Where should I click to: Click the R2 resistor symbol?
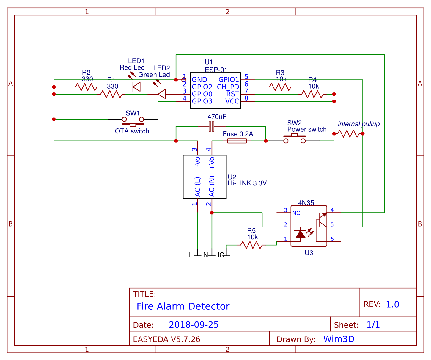click(86, 87)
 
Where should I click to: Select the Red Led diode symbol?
click(136, 87)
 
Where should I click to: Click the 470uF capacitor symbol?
click(211, 126)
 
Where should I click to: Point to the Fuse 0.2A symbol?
click(237, 141)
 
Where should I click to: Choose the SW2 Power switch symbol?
click(294, 139)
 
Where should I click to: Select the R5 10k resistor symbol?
click(251, 245)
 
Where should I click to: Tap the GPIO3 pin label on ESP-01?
click(202, 101)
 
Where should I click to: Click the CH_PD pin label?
click(228, 87)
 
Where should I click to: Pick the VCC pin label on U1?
click(232, 101)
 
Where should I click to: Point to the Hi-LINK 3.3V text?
click(247, 183)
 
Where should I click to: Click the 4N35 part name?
click(306, 203)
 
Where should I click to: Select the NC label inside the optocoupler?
click(296, 213)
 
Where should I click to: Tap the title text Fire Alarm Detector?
click(183, 306)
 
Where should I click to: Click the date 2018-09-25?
click(194, 325)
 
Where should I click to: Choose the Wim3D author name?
click(339, 339)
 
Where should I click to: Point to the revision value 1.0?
click(392, 304)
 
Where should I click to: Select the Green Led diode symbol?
click(161, 94)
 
